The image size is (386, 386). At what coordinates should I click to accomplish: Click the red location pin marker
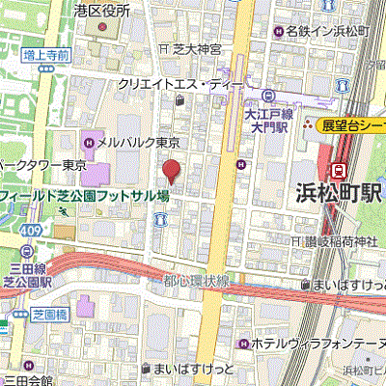pyautogui.click(x=172, y=172)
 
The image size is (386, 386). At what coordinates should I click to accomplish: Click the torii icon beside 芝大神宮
pyautogui.click(x=165, y=47)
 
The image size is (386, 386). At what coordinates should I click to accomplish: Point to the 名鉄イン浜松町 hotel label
pyautogui.click(x=328, y=31)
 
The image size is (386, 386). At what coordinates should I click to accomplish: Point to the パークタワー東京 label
pyautogui.click(x=39, y=164)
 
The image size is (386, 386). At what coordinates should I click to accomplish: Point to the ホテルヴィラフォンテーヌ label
pyautogui.click(x=314, y=343)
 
